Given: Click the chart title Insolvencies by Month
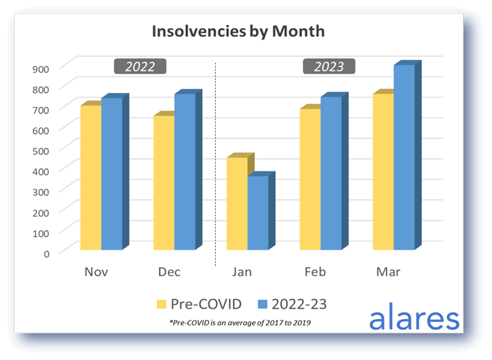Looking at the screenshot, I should (238, 32).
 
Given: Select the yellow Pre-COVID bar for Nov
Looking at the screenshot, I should (90, 177).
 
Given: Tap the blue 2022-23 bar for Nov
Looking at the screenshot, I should (112, 173).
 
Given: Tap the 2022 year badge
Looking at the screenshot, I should (139, 67).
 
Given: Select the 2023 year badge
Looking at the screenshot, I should (329, 67).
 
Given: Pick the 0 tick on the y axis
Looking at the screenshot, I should (46, 252).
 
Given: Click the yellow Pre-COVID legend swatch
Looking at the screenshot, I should (162, 303).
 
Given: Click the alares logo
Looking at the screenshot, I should (414, 318).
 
